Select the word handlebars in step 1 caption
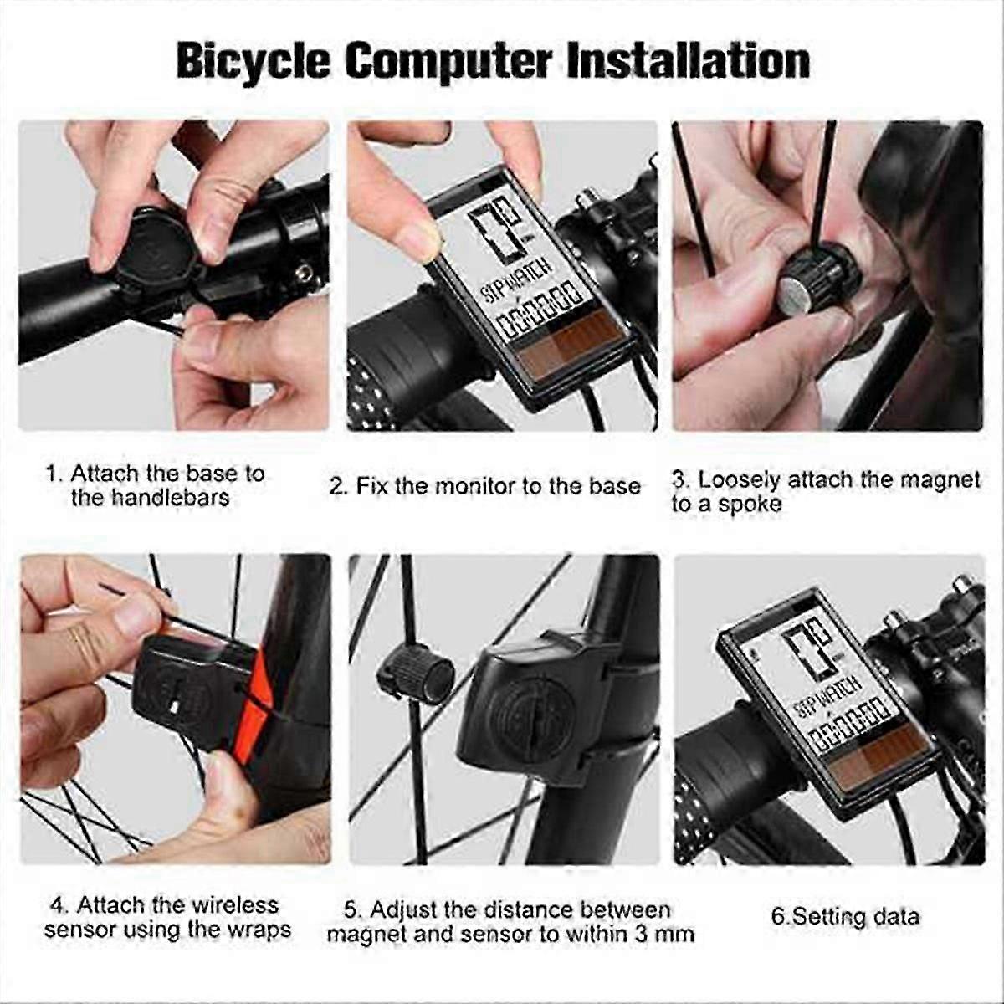point(151,499)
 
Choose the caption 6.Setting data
point(845,916)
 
